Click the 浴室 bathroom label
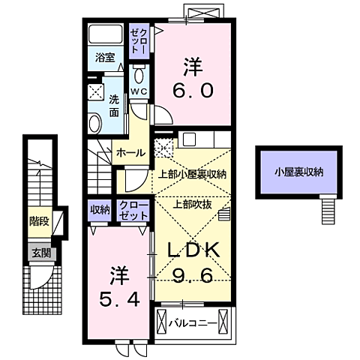(x=103, y=57)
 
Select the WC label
(x=139, y=91)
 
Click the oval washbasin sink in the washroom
(x=96, y=122)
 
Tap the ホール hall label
(x=130, y=152)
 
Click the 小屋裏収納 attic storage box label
(x=298, y=172)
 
